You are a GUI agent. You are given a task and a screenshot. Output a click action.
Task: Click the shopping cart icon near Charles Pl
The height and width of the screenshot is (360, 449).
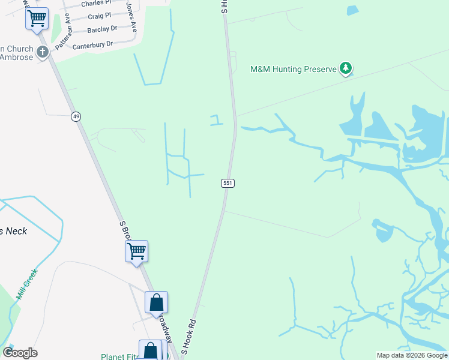coord(37,18)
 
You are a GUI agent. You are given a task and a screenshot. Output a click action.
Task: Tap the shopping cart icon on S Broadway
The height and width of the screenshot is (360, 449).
coord(137,251)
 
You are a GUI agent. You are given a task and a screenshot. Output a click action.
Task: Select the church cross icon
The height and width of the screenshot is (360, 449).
coord(43,52)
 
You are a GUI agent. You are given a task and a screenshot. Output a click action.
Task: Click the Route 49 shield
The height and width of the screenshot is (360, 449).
coord(76,116)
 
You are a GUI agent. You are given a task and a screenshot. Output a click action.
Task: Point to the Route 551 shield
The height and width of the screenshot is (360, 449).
coord(227,183)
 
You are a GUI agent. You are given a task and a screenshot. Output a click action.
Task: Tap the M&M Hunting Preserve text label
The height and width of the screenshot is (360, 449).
coord(293,69)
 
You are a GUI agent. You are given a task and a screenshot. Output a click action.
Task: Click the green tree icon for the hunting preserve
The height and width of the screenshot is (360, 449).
coord(345,68)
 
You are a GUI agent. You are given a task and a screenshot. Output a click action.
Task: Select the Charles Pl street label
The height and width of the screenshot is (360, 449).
coord(96,4)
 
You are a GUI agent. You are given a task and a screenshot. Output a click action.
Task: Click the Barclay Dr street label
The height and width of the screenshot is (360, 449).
coord(101,29)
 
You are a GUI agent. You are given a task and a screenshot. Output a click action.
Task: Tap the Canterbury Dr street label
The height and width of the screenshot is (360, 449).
coord(92,44)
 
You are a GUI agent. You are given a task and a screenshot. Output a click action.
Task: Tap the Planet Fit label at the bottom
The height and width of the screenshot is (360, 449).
coord(119,356)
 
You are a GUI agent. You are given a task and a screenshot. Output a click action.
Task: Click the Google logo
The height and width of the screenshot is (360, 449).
coord(20,352)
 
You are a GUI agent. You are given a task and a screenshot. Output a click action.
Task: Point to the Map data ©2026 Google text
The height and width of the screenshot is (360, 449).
coord(412,355)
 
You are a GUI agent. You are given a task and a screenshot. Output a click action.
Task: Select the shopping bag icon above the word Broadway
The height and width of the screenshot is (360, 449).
coord(156,302)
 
